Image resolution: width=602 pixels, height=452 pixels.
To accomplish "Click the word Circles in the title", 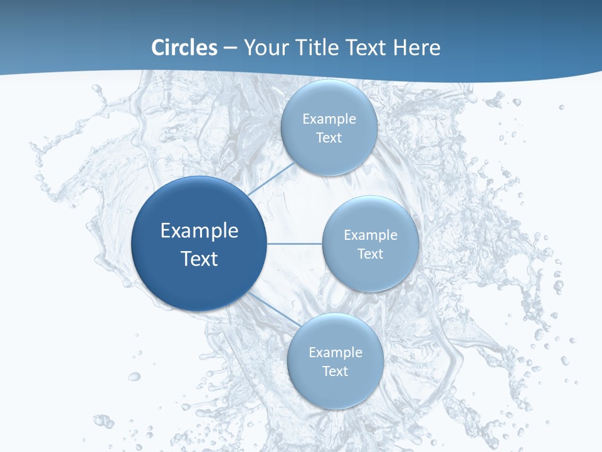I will point(184,48).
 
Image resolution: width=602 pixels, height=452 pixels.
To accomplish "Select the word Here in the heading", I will point(416,48).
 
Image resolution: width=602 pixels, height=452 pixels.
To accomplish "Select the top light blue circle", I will point(329,100).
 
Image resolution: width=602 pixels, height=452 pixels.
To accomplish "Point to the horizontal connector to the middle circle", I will point(294,244).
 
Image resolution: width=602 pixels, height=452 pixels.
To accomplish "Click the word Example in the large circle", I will point(199,231).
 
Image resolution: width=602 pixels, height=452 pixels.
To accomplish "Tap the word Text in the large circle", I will point(199,259).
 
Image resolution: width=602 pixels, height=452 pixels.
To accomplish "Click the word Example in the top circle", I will point(329,119).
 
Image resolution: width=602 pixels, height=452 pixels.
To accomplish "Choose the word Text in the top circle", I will point(329,137).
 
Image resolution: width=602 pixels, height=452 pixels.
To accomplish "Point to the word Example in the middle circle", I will point(371,235).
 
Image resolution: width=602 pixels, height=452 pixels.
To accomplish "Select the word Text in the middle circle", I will point(371,254).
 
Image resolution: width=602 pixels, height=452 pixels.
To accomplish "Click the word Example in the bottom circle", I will point(335,352).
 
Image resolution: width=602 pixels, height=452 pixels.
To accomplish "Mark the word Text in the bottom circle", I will point(335,371).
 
